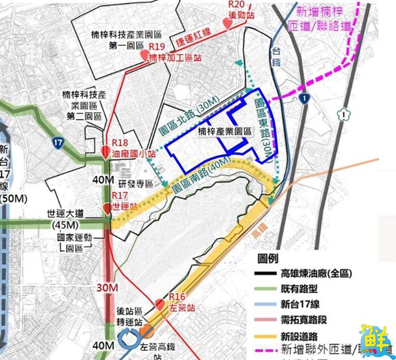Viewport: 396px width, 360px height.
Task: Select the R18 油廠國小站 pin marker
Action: click(x=106, y=152)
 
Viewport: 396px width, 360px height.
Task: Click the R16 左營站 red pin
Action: click(x=159, y=304)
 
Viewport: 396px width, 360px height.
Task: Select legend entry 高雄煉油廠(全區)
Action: click(x=316, y=274)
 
